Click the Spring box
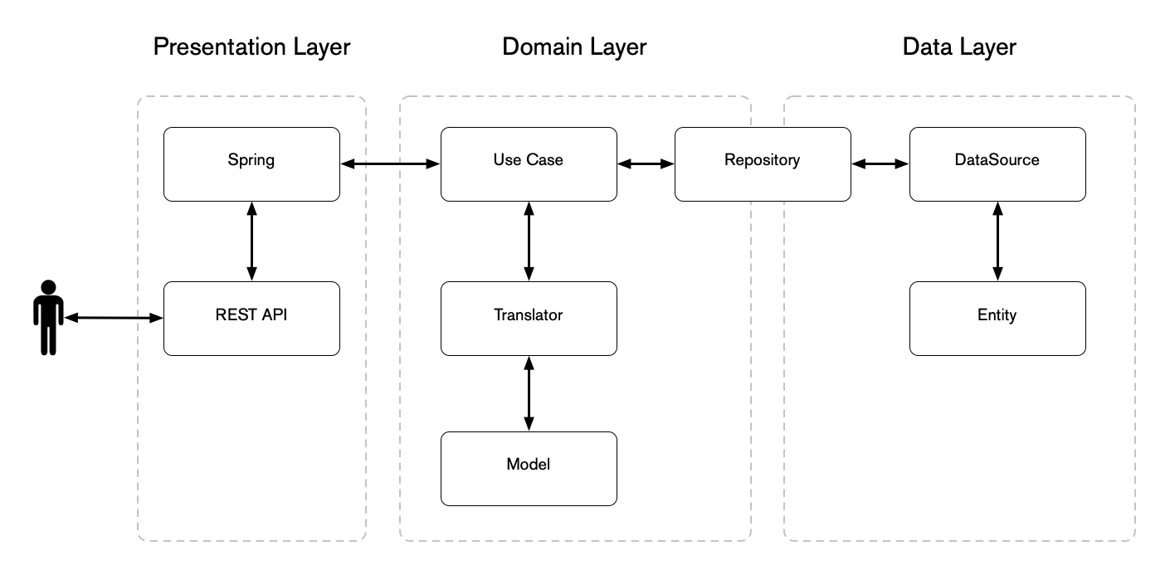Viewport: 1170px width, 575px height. tap(251, 163)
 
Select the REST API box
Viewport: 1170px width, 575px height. tap(251, 319)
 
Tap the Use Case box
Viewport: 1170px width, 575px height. tap(528, 163)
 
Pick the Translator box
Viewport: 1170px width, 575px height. tap(528, 319)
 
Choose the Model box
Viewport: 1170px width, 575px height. tap(528, 468)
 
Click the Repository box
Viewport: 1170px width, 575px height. tap(762, 163)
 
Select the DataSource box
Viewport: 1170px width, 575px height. tap(997, 163)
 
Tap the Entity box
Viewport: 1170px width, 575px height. tap(997, 319)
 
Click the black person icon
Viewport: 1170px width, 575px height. tap(48, 318)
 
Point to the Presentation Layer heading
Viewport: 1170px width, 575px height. tap(251, 47)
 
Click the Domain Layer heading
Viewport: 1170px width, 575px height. tap(573, 47)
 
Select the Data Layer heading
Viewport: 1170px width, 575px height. tap(958, 47)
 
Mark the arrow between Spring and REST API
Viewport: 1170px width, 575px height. tap(251, 241)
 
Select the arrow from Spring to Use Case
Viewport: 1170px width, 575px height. tap(390, 164)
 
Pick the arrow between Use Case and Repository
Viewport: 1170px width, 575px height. tap(646, 164)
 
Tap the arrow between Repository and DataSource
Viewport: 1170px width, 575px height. tap(880, 164)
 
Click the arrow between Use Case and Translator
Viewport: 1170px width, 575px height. tap(529, 241)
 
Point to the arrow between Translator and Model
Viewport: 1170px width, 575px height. tap(529, 393)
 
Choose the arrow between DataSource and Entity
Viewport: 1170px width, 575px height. tap(997, 241)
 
